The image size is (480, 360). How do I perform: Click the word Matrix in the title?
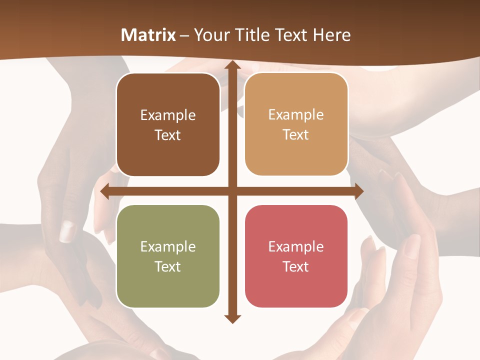[x=148, y=35]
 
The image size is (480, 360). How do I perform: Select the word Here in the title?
[x=332, y=35]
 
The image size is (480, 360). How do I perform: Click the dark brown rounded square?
[x=168, y=124]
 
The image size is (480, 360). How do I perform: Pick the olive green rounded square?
[x=168, y=256]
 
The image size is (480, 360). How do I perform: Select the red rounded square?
[x=296, y=256]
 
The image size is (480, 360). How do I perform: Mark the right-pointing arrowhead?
[x=358, y=191]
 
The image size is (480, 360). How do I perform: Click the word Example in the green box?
[x=168, y=246]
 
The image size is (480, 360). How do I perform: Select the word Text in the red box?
[x=296, y=266]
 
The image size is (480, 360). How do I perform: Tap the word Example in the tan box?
[x=296, y=114]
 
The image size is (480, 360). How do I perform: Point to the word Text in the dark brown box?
[x=168, y=135]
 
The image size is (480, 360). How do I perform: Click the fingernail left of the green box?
[x=67, y=231]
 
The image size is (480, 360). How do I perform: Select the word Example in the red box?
[x=296, y=246]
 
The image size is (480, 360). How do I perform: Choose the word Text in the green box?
[x=168, y=266]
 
